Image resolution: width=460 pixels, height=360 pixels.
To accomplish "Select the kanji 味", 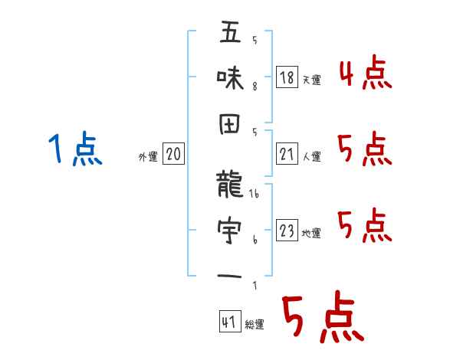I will coord(230,77).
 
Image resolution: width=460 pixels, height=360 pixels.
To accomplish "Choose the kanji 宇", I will coord(230,229).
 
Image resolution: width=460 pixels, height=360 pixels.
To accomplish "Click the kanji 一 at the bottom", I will coord(230,273).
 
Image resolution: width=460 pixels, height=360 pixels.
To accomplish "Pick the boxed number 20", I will coord(173,155).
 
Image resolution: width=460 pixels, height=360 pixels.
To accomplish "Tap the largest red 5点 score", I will coord(322,320).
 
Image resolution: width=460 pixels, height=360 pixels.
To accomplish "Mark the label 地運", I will coord(312,234).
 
